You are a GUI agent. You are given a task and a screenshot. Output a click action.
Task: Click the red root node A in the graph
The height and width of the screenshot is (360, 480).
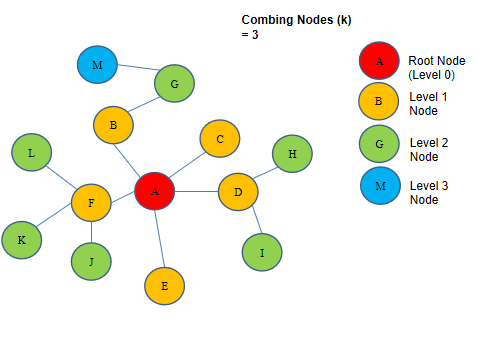coord(155,189)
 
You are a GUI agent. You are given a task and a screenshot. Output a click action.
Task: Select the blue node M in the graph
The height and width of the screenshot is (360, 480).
coord(97,65)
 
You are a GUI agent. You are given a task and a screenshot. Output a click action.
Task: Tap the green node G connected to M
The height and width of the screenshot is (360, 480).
coord(174,85)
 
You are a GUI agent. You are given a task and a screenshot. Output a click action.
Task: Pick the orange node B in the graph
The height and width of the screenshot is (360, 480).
coord(114,125)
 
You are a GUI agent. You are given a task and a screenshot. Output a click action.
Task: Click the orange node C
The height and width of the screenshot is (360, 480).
coord(220,140)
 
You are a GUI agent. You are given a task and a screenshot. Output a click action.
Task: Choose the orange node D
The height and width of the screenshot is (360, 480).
coord(238,190)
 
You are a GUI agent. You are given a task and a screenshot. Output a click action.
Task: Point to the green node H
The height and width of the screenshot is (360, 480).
coord(292,154)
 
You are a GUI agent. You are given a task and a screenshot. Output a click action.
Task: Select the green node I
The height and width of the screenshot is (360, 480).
coord(262,252)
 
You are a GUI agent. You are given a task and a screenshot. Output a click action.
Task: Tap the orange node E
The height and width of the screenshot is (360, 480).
coord(164,286)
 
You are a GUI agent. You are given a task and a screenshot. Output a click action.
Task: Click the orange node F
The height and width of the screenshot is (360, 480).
coord(92,203)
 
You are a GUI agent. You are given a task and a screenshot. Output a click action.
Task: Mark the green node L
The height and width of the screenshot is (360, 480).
coord(32,153)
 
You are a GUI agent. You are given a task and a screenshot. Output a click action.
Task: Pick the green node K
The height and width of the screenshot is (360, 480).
coord(21,240)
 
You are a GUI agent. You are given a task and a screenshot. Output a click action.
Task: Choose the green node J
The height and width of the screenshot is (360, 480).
coord(91,262)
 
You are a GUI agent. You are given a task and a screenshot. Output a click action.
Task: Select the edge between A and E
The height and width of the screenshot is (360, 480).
coord(159,238)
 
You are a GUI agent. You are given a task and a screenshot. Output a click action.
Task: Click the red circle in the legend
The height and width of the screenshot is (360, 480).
coord(378,60)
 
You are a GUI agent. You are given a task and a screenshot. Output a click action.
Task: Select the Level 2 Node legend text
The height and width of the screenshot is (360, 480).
coord(431,149)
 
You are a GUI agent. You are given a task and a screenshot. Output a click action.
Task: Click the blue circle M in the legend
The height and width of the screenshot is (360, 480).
coord(378,187)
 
